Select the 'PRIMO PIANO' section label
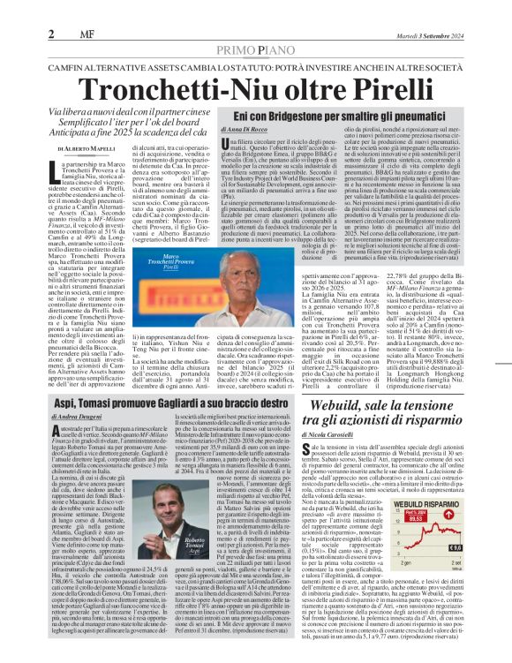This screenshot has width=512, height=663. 256,27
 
